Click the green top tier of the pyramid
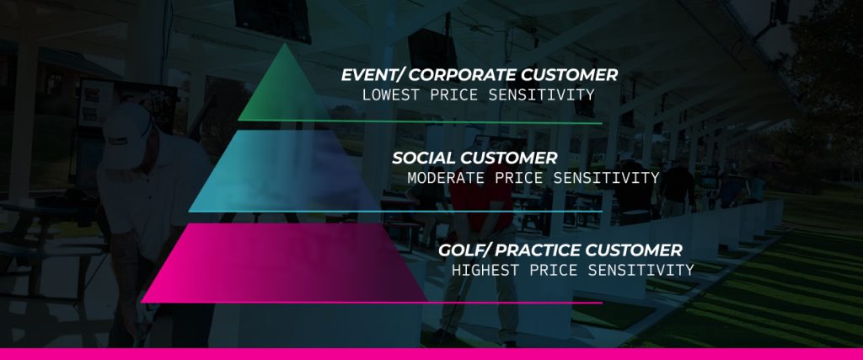[x=284, y=94]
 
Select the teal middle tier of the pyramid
[x=284, y=174]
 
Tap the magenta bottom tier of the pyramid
[x=284, y=264]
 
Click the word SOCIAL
[x=424, y=159]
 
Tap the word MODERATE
[x=447, y=179]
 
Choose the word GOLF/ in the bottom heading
[x=464, y=251]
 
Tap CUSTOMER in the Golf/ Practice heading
[x=634, y=251]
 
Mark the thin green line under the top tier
[x=420, y=121]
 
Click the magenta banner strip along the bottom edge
[x=431, y=353]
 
